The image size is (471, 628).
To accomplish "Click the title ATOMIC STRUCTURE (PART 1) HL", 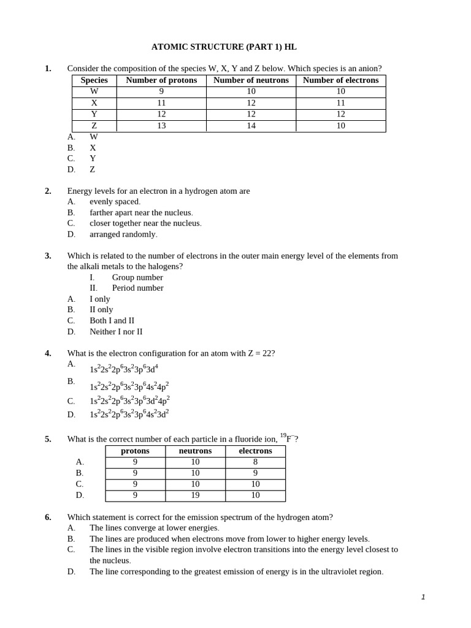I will click(224, 47).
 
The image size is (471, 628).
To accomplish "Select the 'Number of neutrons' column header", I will click(251, 80).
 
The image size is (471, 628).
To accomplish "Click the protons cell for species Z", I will click(161, 126).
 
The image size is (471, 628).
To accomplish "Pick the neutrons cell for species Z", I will click(251, 126).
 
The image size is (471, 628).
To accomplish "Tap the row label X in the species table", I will click(94, 103).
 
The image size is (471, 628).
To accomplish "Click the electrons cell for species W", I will click(340, 91).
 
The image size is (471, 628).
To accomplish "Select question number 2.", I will click(48, 191).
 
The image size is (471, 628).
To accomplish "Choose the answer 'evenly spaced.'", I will click(115, 201).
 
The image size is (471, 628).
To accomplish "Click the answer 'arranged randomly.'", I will click(123, 234).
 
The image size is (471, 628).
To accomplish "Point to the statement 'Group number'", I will click(137, 277).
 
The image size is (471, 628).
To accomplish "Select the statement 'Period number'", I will click(137, 288).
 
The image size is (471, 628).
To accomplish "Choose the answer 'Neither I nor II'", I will click(116, 331).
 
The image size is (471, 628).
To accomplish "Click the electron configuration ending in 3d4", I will click(124, 369).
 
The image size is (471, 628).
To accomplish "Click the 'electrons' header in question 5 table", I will click(255, 451).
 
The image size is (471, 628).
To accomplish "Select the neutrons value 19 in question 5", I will click(195, 496).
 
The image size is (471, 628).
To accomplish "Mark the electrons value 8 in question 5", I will click(255, 462).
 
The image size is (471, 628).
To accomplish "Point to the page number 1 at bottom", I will click(423, 597).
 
